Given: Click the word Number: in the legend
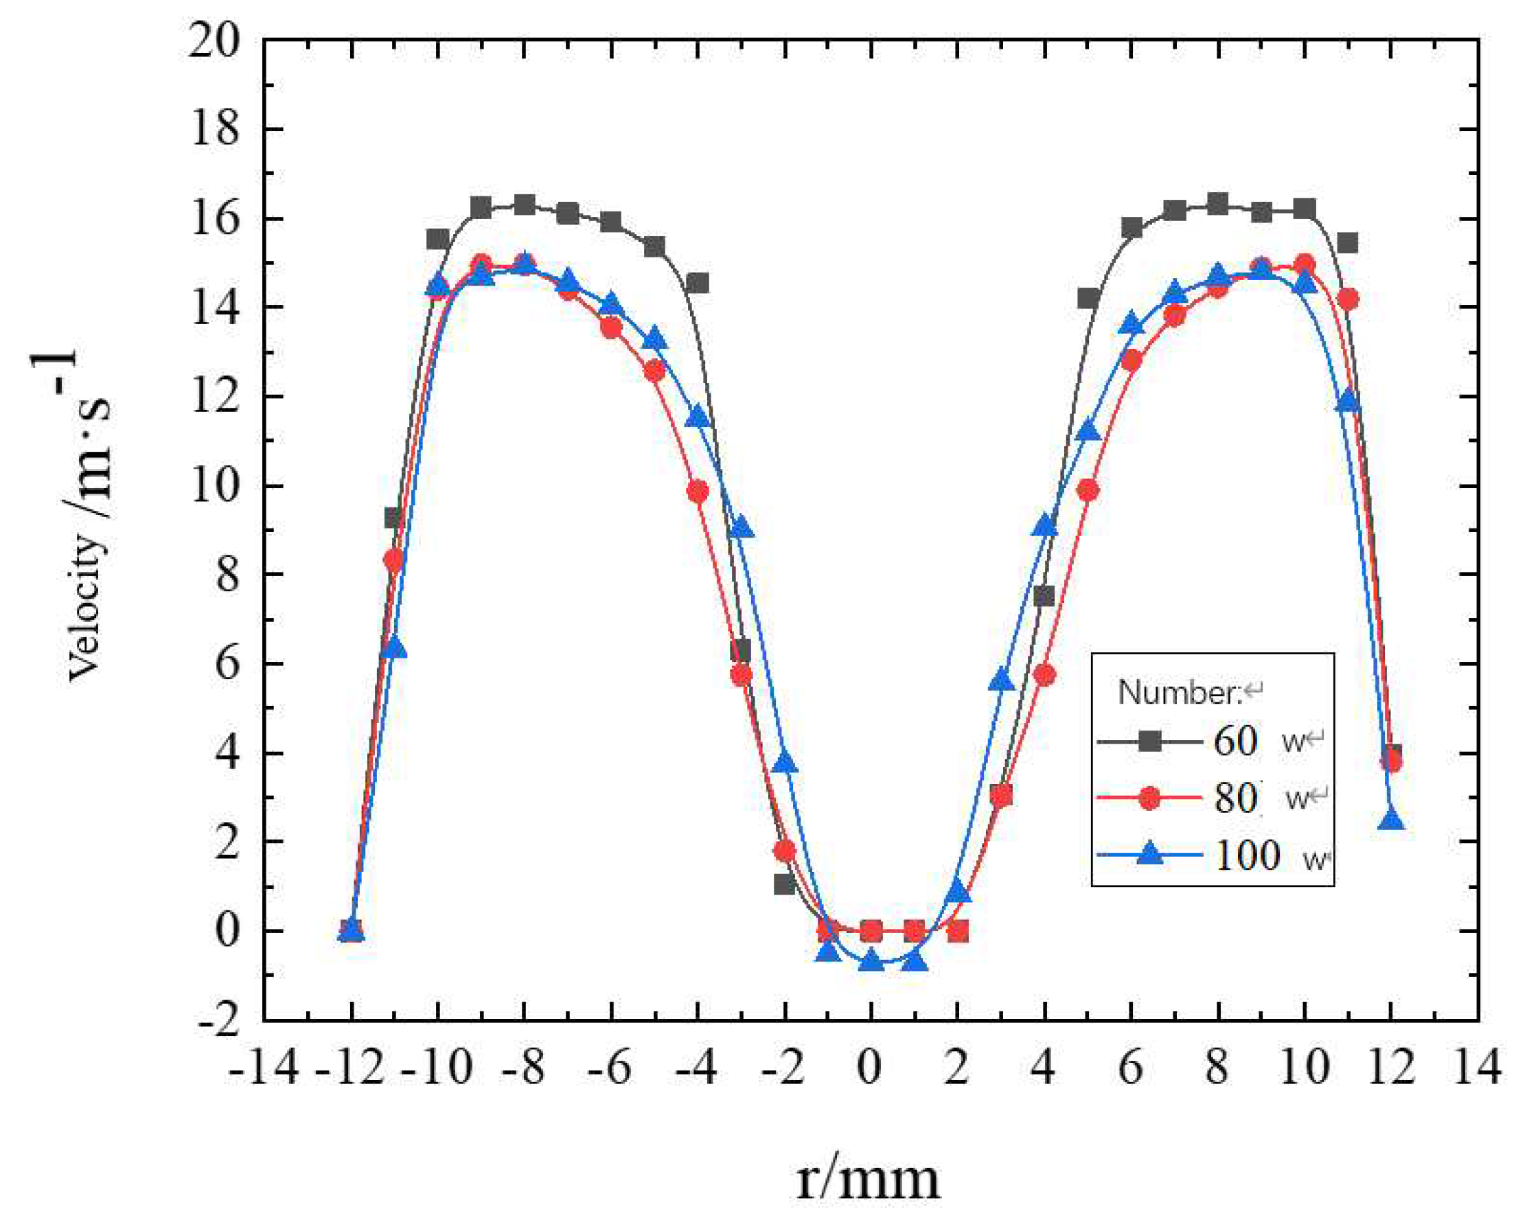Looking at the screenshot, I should tap(1180, 693).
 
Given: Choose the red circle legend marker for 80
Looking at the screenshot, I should tap(1150, 799).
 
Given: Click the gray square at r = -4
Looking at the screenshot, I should tap(697, 284).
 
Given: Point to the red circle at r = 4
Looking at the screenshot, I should tap(1044, 676).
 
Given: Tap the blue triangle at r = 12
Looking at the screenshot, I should tap(1392, 820).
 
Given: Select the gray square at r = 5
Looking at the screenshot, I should tap(1088, 298).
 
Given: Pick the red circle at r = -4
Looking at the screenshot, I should tap(697, 492).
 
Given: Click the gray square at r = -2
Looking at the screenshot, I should tap(784, 884).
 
